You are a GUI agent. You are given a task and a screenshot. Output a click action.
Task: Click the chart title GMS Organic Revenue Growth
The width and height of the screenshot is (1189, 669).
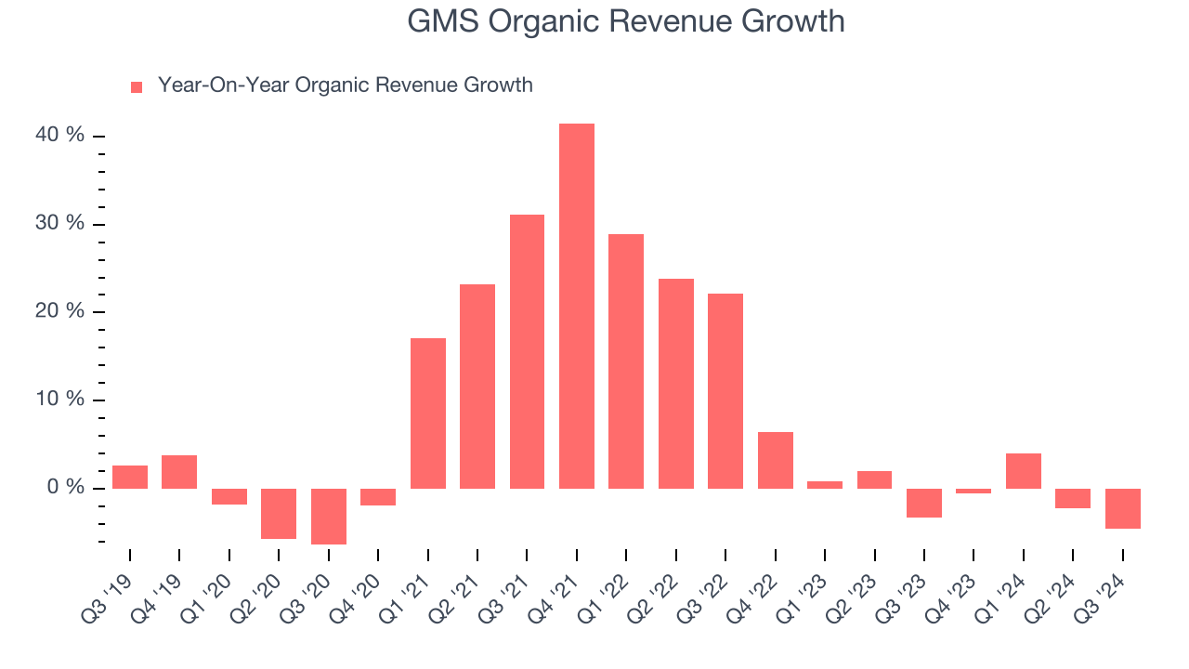click(625, 21)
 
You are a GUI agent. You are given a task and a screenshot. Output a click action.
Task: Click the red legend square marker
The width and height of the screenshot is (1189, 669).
click(137, 86)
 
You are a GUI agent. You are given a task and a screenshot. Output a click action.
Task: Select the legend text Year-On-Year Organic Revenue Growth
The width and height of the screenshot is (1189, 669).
click(345, 85)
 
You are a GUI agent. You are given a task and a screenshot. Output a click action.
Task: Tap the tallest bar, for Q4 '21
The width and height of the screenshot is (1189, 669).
click(577, 306)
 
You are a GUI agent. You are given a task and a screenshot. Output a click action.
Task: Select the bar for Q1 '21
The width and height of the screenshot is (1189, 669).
click(428, 413)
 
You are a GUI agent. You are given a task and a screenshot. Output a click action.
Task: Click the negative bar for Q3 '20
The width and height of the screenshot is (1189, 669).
click(329, 516)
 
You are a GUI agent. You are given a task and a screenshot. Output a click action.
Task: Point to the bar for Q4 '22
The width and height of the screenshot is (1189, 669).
click(776, 460)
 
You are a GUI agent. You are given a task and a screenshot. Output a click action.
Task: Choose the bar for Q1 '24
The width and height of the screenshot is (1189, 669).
click(1024, 471)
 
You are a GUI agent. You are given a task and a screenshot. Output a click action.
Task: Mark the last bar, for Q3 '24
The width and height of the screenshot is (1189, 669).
click(1123, 508)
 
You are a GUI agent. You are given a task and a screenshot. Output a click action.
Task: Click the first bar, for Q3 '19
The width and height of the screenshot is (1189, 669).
click(130, 477)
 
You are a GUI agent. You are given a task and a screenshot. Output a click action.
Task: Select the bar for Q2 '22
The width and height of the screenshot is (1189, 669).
click(676, 384)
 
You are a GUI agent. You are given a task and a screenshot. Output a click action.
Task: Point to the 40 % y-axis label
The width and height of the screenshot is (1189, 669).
click(60, 136)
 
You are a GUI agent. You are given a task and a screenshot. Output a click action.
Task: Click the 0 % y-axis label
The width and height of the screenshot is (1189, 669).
click(65, 488)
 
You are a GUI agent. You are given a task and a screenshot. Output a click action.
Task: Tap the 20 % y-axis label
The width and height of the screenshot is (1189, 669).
click(60, 311)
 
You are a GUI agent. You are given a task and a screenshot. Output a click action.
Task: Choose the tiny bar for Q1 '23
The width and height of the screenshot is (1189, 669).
click(825, 484)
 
